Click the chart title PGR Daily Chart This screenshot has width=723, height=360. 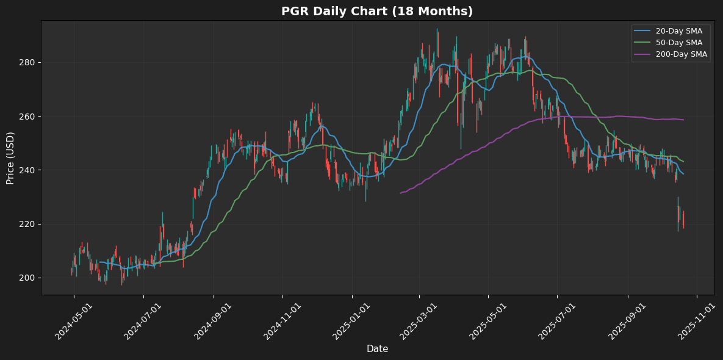tap(376, 12)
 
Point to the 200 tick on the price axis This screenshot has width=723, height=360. tap(27, 278)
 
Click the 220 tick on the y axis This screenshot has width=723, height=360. tap(27, 224)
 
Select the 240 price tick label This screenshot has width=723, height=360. tap(27, 170)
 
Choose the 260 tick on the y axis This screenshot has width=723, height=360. tap(27, 117)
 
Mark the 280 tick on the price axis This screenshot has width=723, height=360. tap(27, 63)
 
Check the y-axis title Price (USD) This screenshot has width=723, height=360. tap(10, 157)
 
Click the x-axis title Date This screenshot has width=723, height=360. tap(377, 349)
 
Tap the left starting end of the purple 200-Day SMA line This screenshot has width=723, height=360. tap(401, 193)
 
